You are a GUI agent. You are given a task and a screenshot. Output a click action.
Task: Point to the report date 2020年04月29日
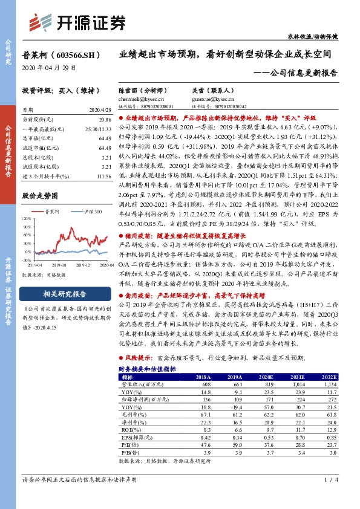point(45,68)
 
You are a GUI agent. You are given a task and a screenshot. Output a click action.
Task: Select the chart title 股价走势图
point(39,196)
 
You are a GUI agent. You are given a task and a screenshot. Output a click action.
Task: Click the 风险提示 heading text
point(140,358)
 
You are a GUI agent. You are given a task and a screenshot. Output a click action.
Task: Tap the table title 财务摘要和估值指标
point(147,368)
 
